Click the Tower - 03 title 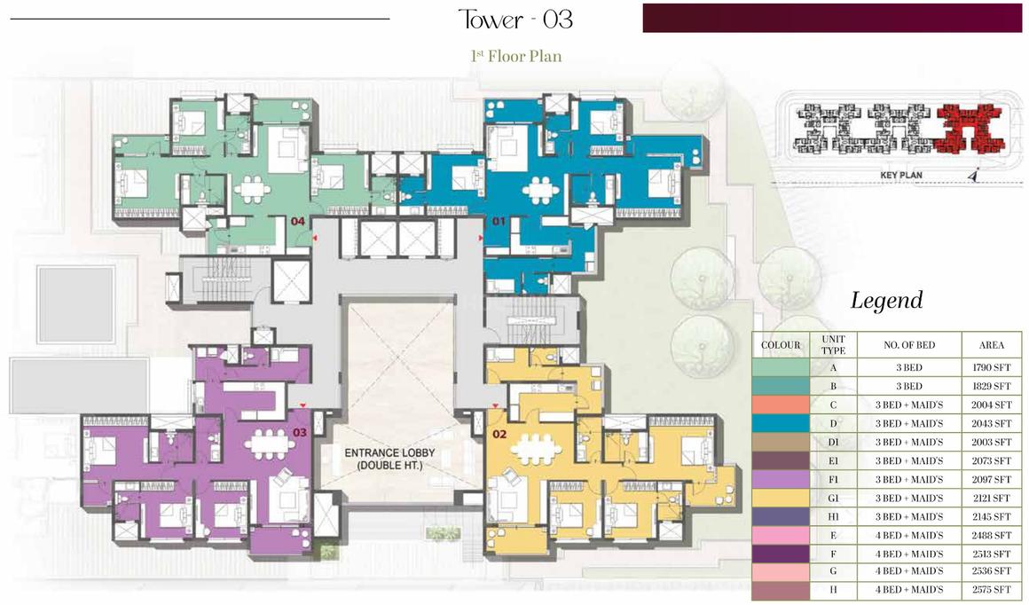(x=515, y=19)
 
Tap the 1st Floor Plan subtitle (x=515, y=57)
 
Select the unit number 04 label (x=298, y=221)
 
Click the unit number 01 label (x=499, y=221)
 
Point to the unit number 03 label (x=299, y=432)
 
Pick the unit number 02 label (x=499, y=434)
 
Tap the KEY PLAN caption (x=901, y=175)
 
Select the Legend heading (x=886, y=300)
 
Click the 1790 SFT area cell (x=991, y=367)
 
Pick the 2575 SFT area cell (x=991, y=590)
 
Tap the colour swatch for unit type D (x=781, y=423)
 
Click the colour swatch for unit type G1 (x=781, y=498)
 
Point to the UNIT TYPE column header (x=833, y=344)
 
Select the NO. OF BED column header (x=909, y=344)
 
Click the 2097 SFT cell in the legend (x=991, y=480)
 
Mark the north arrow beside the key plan (x=973, y=175)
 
